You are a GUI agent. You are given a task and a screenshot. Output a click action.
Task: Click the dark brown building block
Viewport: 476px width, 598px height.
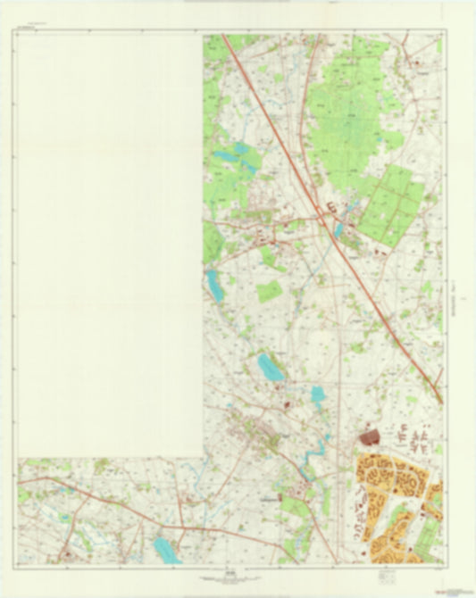[x=368, y=436]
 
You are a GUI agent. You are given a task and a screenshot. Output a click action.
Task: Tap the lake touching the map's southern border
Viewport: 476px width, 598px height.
[x=165, y=550]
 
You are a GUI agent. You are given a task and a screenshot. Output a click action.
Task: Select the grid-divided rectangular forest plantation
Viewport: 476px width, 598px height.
[x=393, y=203]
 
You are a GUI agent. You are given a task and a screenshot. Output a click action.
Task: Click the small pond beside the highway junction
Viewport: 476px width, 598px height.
[x=338, y=230]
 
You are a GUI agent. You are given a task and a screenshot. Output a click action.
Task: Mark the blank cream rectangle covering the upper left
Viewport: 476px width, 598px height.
[x=109, y=241]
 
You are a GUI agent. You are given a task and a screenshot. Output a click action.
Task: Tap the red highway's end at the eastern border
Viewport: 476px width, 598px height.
[x=439, y=400]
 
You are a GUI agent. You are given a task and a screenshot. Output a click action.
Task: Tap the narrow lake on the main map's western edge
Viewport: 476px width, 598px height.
[x=213, y=286]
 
